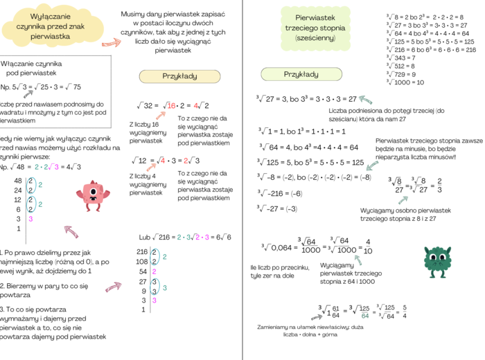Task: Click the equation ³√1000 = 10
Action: point(405,82)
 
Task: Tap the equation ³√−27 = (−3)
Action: point(278,208)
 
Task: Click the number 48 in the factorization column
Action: point(19,181)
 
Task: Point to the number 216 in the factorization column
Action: point(142,251)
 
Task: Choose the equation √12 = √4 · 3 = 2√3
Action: point(168,161)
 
